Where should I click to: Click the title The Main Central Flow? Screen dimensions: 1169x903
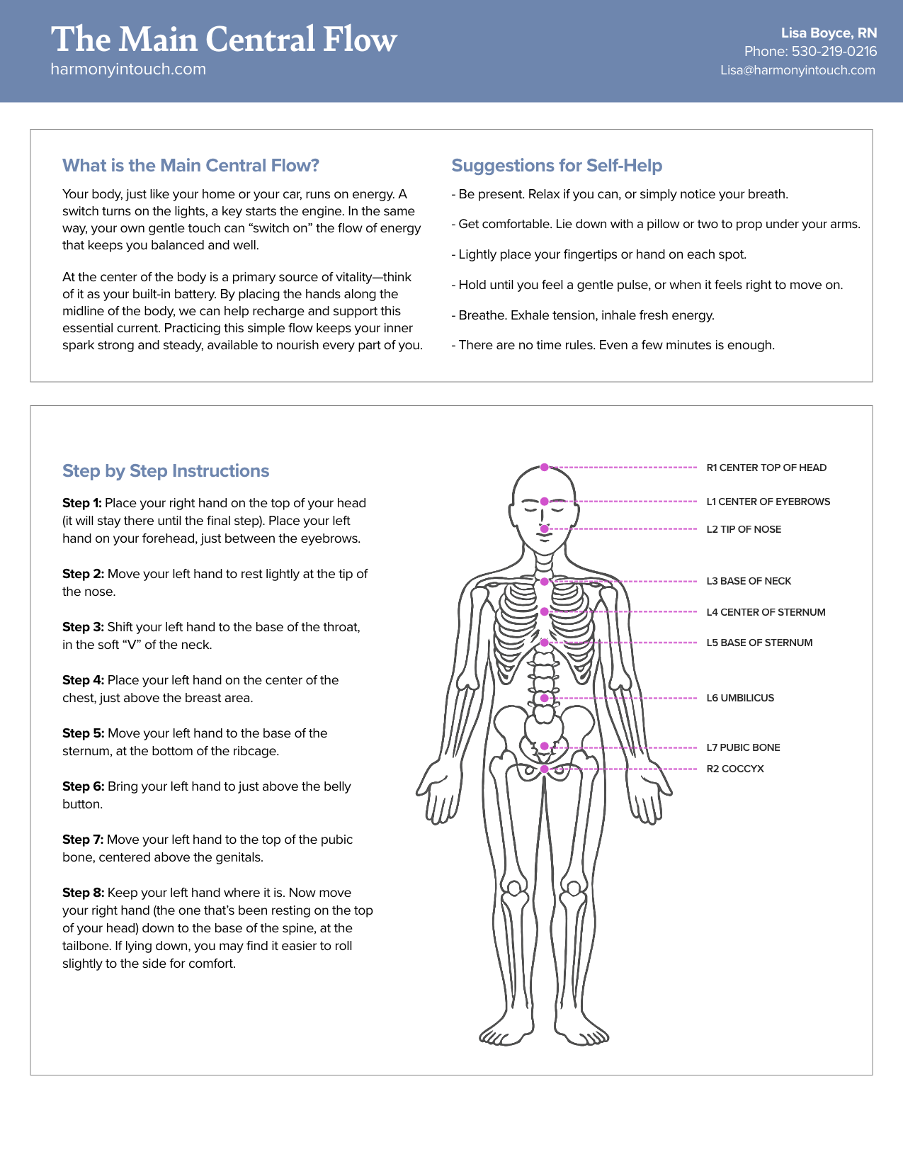224,40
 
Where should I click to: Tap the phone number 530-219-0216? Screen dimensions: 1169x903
834,52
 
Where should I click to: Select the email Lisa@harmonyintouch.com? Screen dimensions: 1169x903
797,70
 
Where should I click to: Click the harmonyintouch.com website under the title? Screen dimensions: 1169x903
128,69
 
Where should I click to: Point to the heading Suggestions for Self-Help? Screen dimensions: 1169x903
557,166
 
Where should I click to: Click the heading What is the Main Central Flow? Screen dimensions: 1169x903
191,166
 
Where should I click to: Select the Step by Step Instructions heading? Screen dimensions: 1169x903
166,471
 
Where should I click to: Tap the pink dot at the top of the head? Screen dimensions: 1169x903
544,468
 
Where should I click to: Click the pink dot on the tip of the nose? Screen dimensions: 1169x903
544,529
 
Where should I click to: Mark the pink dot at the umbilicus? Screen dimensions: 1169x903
544,698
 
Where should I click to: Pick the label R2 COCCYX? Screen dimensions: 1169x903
735,769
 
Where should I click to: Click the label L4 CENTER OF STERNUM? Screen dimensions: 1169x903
766,612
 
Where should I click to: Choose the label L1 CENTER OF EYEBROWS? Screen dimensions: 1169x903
768,502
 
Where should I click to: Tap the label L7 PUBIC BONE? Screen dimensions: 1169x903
743,747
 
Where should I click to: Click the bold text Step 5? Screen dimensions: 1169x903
83,733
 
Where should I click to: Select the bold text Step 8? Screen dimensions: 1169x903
83,893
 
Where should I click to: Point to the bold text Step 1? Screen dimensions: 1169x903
82,503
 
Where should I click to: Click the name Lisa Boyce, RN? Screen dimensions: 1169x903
829,33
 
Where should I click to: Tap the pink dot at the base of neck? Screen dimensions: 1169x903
544,582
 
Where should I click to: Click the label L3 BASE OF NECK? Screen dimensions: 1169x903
749,581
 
